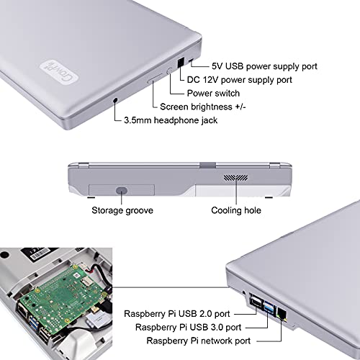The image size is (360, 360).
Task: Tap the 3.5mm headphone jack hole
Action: [116, 102]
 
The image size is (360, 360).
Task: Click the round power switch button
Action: [170, 71]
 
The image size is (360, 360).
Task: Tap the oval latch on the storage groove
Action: [121, 191]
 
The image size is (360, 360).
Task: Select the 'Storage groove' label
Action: [121, 211]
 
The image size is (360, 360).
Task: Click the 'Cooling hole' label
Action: [236, 211]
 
